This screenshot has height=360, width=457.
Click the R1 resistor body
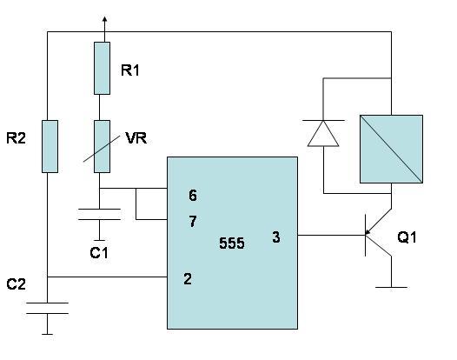102,69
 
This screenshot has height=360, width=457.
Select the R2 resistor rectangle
50,146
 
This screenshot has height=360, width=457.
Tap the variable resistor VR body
102,146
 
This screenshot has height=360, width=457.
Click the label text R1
130,70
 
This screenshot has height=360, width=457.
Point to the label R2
16,138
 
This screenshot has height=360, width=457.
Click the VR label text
136,138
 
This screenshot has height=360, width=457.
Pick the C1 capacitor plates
99,214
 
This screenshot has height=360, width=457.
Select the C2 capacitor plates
47,308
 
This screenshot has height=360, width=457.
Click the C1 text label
99,253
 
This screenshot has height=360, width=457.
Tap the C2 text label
16,283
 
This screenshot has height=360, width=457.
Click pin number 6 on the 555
193,195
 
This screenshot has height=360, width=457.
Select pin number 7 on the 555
193,222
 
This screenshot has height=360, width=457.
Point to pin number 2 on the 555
188,278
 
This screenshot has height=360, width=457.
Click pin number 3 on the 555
276,237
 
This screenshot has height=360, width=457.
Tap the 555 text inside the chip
232,243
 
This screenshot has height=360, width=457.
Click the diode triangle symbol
323,133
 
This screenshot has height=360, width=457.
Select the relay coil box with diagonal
391,149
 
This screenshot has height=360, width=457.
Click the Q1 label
407,237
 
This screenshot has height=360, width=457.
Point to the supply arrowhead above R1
104,19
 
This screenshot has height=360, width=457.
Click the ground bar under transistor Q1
391,287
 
